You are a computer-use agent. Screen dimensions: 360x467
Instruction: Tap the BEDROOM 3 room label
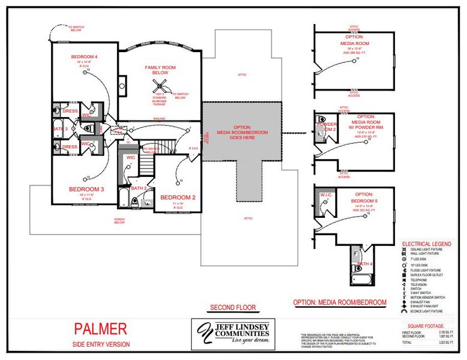click(86, 189)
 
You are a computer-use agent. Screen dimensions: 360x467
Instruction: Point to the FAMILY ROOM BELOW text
click(159, 70)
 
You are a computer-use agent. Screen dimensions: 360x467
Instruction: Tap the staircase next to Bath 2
click(147, 163)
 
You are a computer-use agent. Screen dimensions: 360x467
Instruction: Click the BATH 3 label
click(61, 128)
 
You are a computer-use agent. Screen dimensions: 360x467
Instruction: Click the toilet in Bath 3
click(86, 128)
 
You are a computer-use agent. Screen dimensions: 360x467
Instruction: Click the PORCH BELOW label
click(120, 220)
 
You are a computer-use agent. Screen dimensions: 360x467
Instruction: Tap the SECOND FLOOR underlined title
click(233, 308)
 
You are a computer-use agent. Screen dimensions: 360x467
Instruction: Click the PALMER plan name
click(100, 329)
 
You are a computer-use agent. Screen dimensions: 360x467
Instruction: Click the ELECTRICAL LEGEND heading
click(426, 244)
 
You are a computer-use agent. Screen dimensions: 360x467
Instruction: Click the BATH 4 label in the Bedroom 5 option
click(364, 264)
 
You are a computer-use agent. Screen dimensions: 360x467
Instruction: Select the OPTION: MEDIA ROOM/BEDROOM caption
click(340, 302)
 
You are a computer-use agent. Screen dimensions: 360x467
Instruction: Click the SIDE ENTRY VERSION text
click(100, 344)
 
